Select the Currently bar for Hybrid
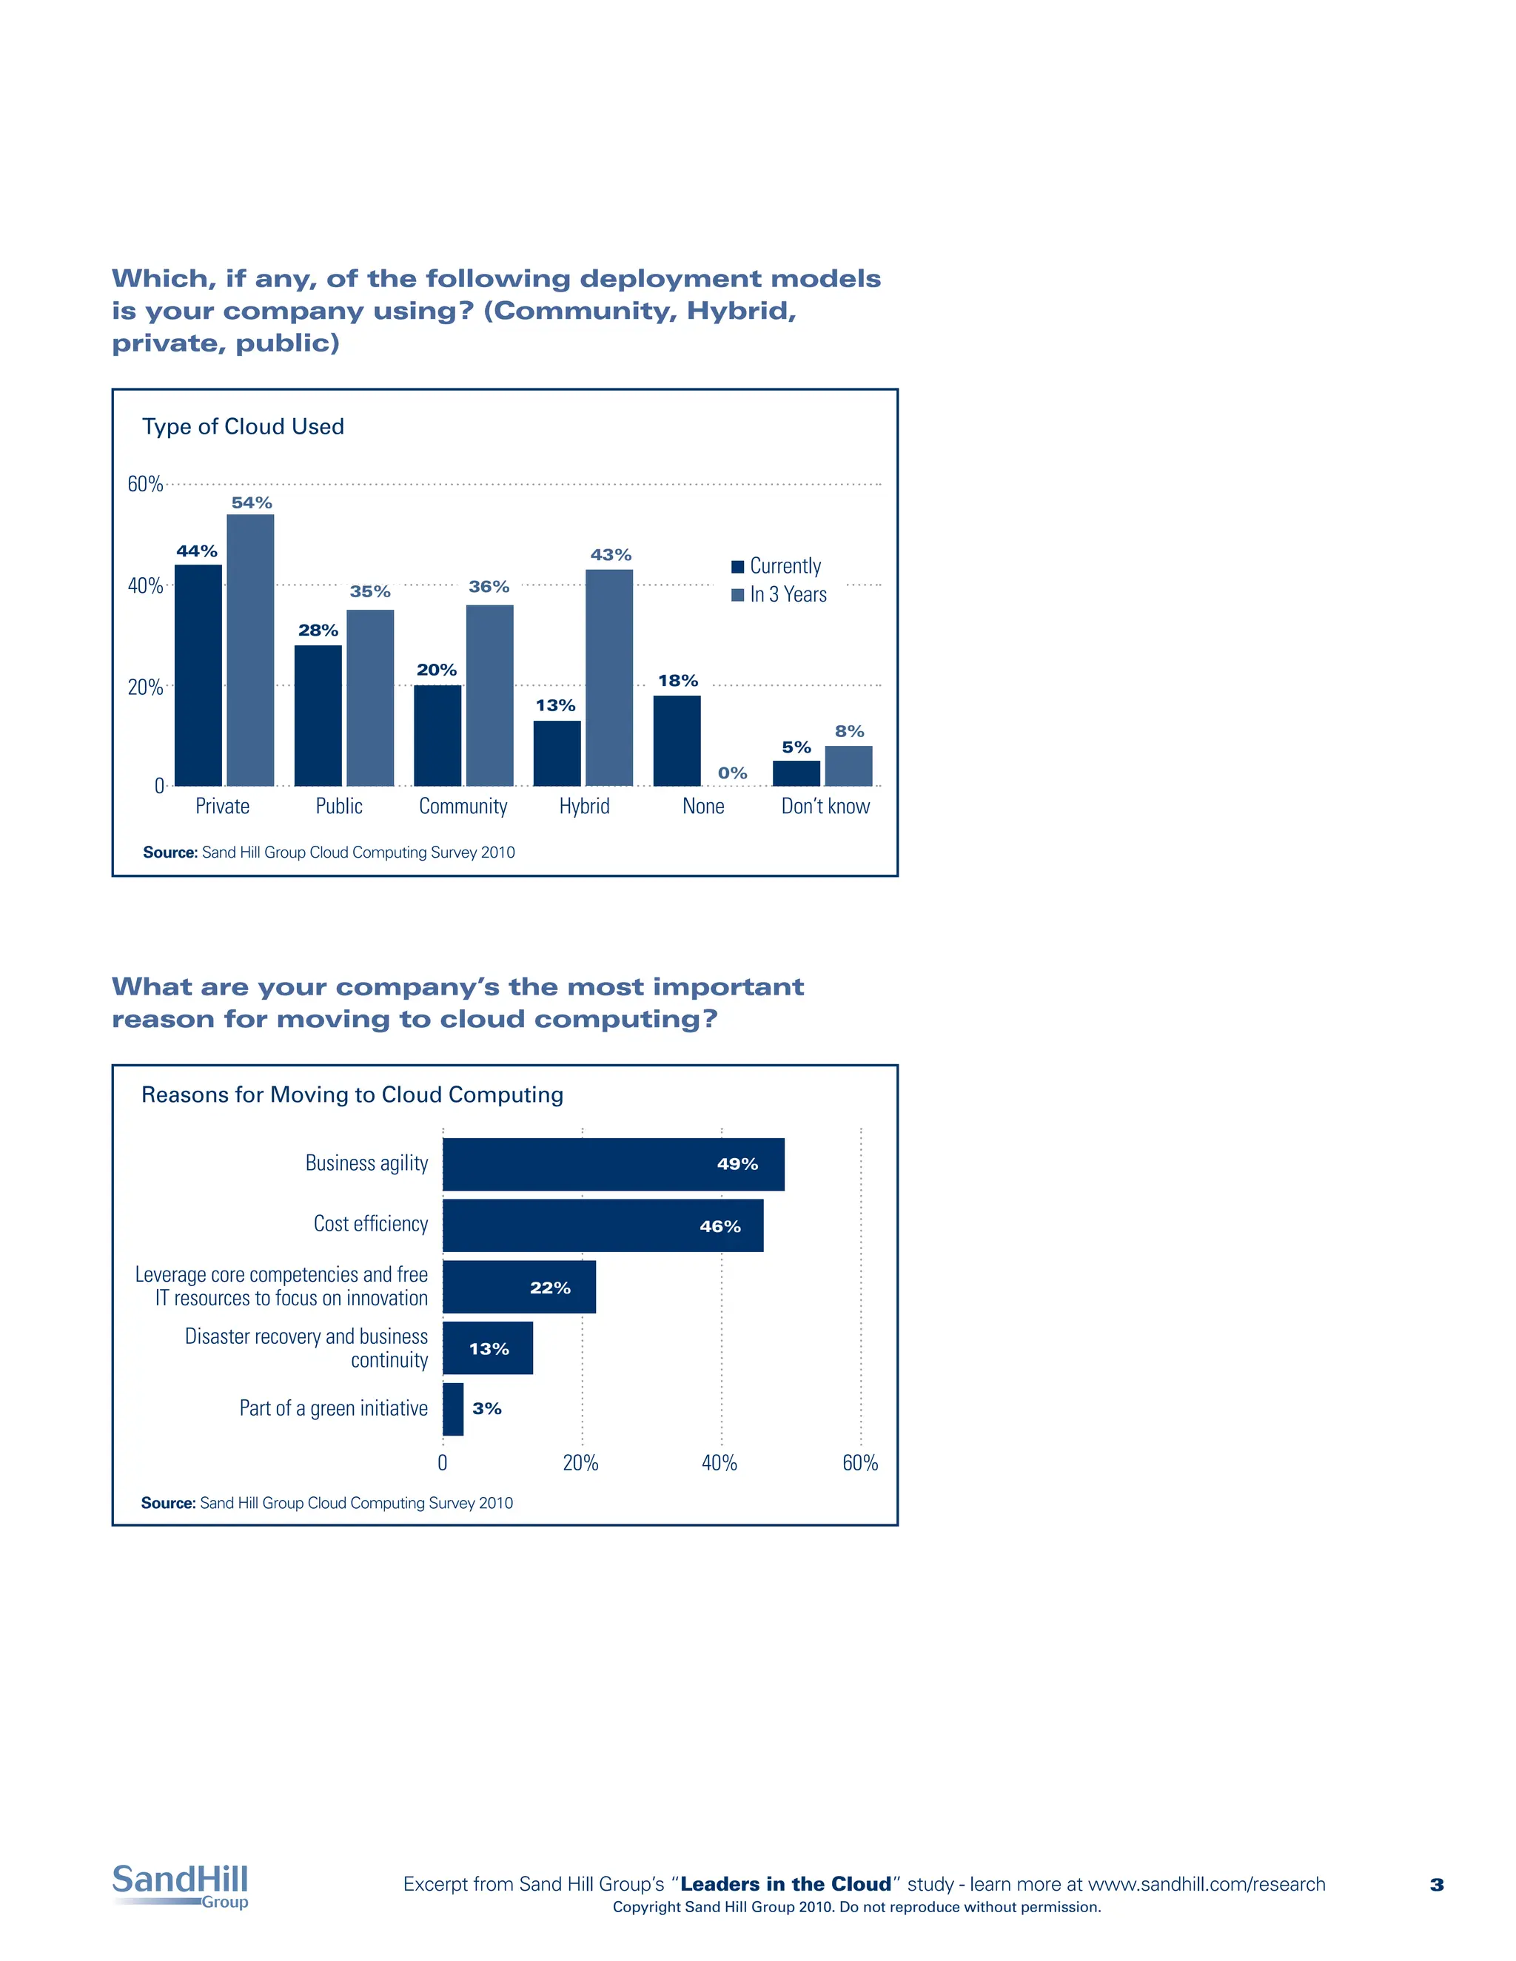(557, 753)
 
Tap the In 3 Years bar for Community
(489, 696)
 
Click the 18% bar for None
(677, 741)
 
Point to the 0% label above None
(732, 773)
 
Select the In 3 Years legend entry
(779, 594)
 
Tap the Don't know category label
(825, 807)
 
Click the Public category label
(338, 807)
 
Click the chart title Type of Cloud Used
(243, 426)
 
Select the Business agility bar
(614, 1165)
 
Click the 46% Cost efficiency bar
(603, 1225)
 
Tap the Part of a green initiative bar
(452, 1409)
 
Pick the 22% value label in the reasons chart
(550, 1288)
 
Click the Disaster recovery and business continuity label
(306, 1348)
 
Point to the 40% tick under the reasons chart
(720, 1463)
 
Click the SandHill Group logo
(181, 1885)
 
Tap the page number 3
(1437, 1885)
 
